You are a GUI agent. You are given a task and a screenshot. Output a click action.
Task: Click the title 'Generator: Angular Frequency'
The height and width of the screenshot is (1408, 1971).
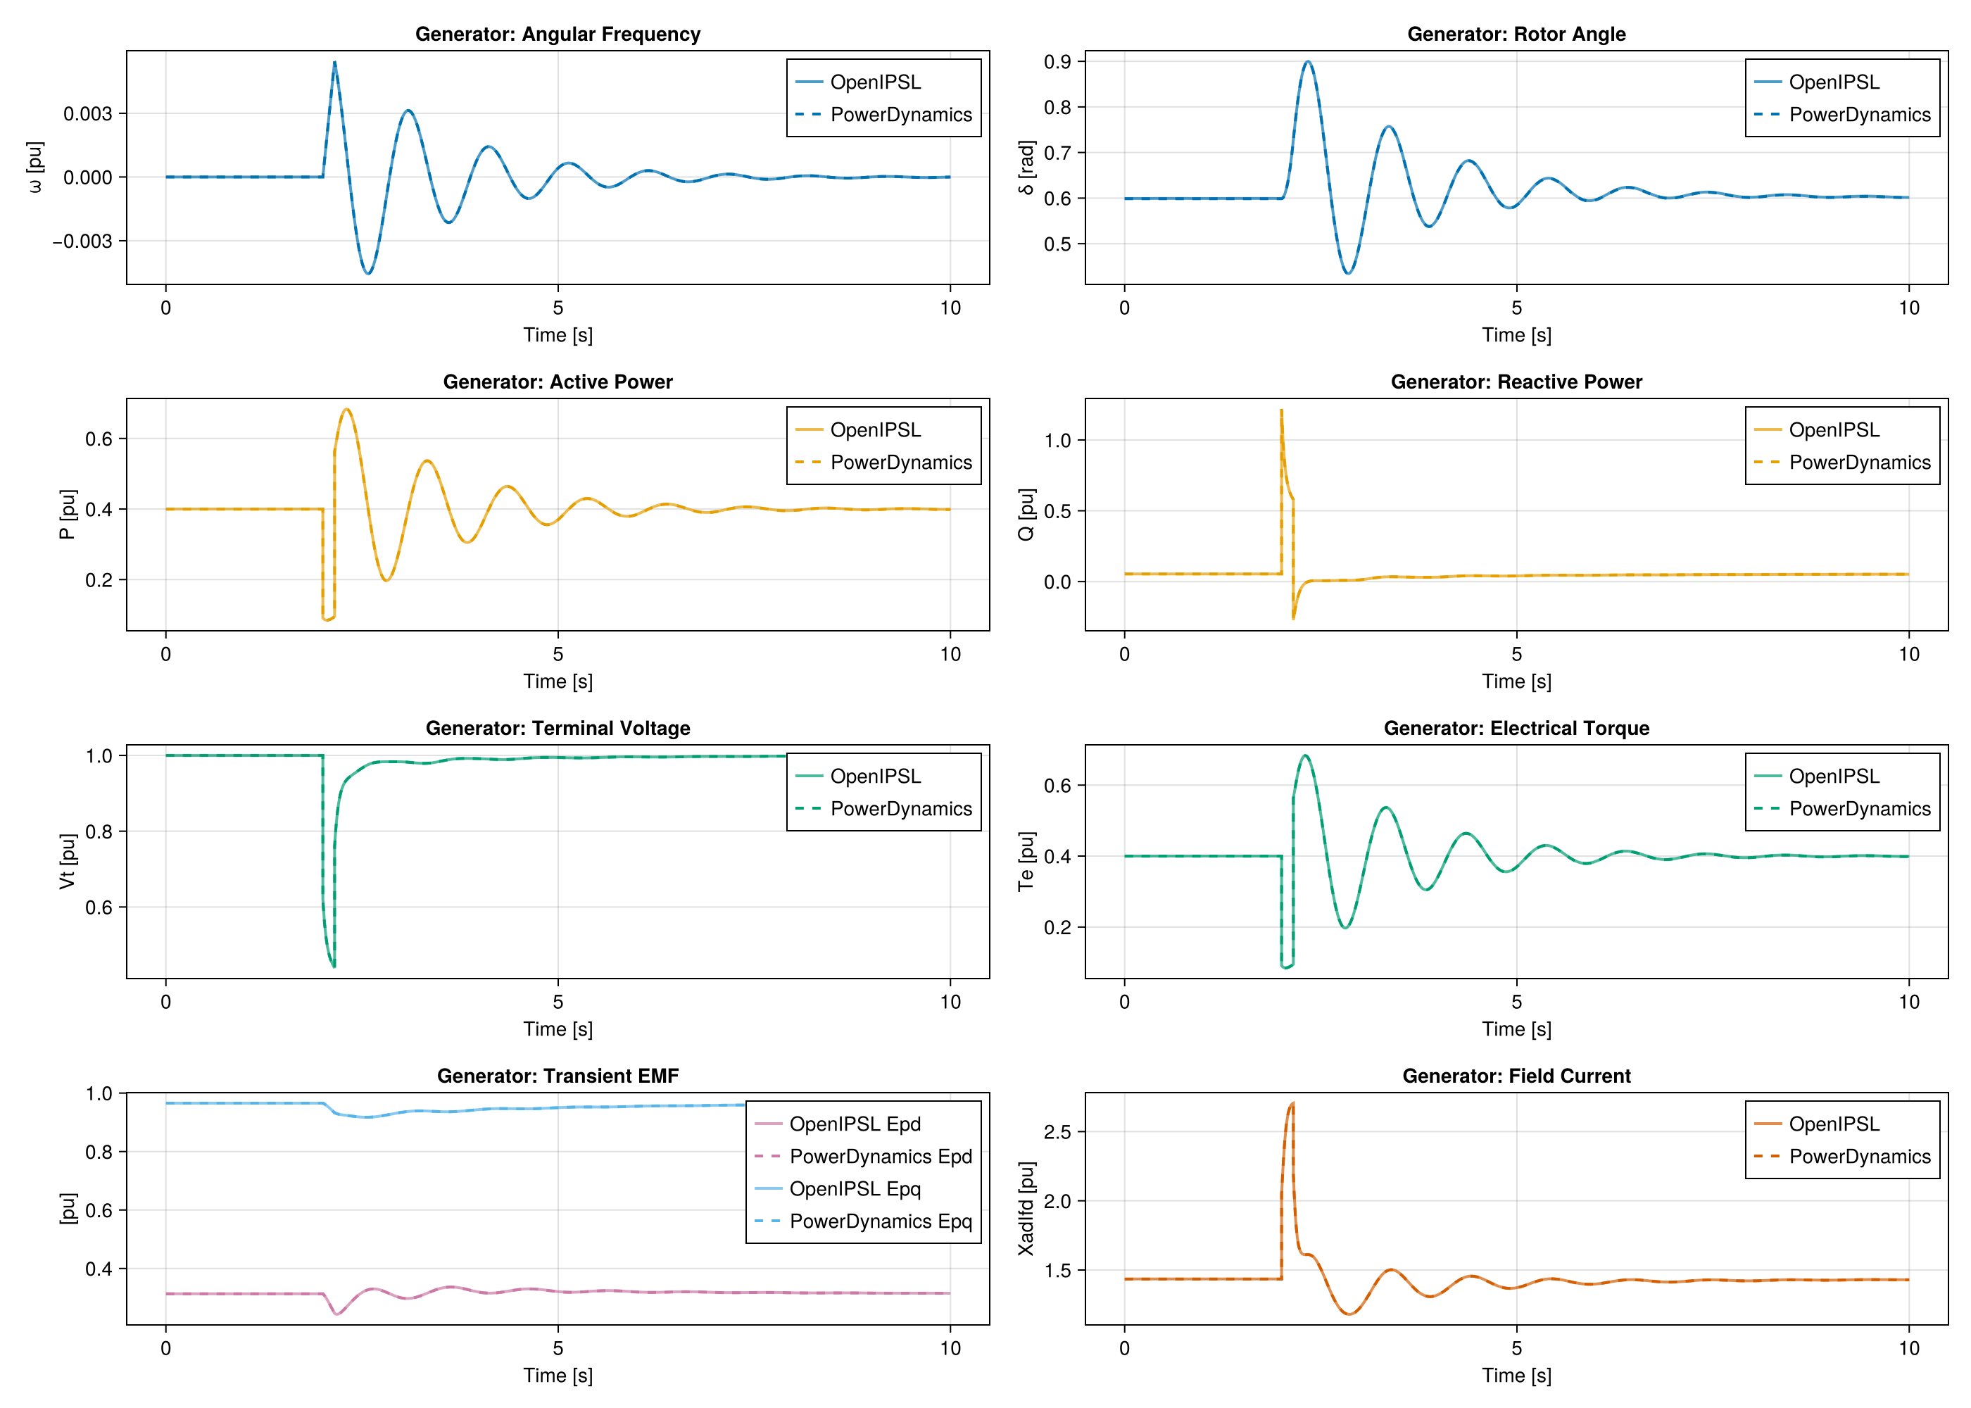[x=558, y=34]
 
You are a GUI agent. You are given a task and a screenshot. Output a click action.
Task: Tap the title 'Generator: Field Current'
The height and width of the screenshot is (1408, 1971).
[x=1516, y=1076]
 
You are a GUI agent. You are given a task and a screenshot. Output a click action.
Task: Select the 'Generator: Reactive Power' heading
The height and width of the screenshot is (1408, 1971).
[x=1516, y=382]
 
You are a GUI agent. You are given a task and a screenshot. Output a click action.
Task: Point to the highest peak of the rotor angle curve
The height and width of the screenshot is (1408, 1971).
[x=1308, y=61]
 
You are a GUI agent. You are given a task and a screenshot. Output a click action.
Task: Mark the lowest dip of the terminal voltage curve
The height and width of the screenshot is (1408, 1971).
[x=334, y=966]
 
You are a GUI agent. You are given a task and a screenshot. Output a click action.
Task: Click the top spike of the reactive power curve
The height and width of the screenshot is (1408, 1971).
[x=1281, y=410]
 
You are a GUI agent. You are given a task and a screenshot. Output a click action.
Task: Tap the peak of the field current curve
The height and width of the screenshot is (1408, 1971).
[x=1292, y=1103]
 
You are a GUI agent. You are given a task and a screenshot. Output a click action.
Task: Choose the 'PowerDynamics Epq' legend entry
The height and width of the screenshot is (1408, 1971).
[x=880, y=1221]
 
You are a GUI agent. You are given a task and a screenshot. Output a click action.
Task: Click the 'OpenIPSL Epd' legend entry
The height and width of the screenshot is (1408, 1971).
[x=855, y=1124]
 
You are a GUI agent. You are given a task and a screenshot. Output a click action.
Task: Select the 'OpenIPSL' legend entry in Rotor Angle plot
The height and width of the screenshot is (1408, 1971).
[x=1834, y=82]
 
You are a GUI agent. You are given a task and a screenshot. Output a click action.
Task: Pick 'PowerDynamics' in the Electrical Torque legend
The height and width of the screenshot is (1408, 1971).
[x=1859, y=809]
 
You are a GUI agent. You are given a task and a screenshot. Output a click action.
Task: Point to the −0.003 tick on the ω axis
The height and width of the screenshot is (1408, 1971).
[x=82, y=241]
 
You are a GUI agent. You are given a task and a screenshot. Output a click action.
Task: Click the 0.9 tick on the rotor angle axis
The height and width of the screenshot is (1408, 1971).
[x=1057, y=61]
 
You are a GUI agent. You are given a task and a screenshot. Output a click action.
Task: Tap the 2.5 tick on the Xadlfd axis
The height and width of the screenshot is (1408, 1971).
[x=1057, y=1131]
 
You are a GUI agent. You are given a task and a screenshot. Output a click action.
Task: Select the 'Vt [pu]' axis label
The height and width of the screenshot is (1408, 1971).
[x=68, y=861]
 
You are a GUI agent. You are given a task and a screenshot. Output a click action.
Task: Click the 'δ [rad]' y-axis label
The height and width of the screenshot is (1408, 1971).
[x=1026, y=168]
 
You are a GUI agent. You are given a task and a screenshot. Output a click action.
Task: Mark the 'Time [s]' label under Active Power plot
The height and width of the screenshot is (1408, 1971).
[x=558, y=681]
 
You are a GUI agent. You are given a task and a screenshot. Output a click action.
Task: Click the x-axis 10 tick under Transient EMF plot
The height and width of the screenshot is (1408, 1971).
[x=950, y=1348]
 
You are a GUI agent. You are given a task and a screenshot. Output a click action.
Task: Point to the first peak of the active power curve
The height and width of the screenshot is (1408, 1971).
[x=347, y=409]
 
